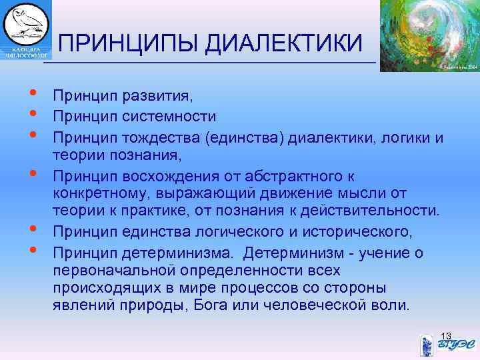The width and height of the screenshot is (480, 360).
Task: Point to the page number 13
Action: pos(446,335)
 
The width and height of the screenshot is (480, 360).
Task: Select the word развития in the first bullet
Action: pos(156,97)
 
